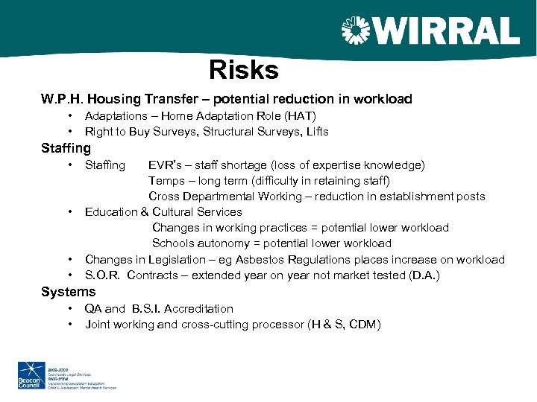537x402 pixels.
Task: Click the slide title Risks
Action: point(244,70)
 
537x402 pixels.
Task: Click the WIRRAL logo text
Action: point(445,32)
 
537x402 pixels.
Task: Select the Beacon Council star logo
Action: point(31,372)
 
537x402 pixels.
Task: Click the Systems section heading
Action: point(68,293)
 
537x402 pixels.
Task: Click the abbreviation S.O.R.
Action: point(103,275)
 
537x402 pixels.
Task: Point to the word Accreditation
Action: point(198,309)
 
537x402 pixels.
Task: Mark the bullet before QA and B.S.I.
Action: point(69,309)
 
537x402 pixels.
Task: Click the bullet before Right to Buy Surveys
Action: point(69,132)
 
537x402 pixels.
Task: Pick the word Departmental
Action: point(218,197)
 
